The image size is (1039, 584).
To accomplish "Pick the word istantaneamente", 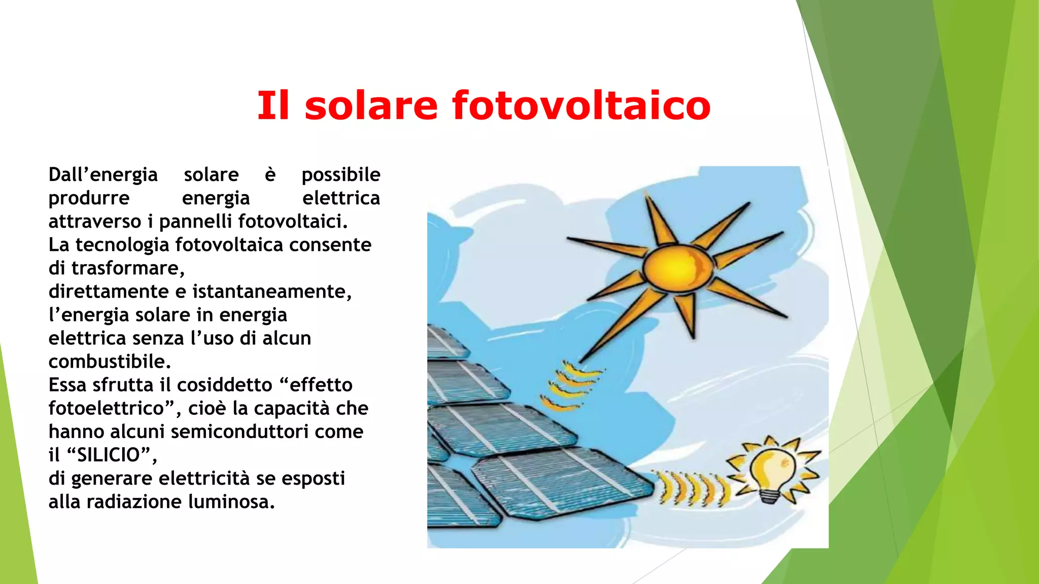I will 269,291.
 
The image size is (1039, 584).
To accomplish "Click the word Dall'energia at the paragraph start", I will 103,175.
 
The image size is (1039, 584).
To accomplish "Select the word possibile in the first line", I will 340,175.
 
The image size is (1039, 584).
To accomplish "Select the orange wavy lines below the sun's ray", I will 571,385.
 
